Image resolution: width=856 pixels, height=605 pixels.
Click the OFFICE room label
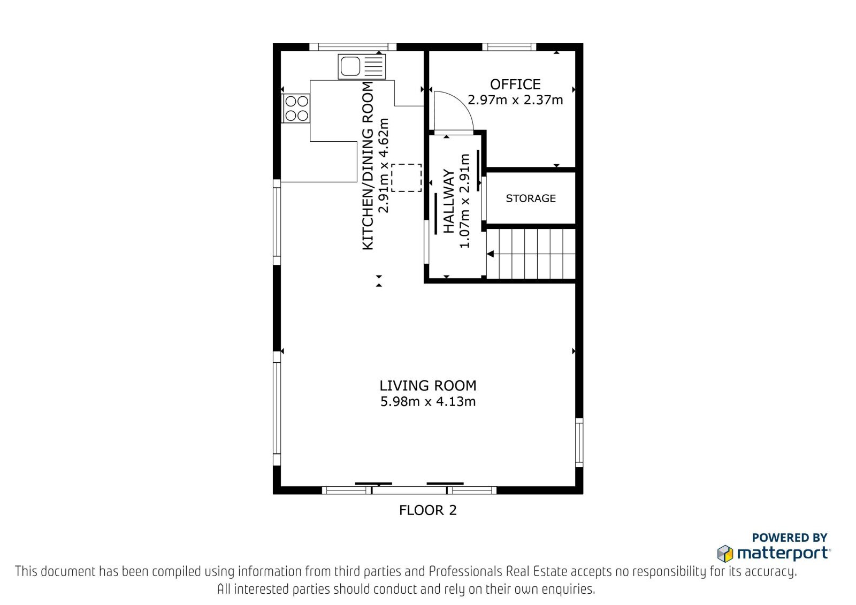[x=515, y=84]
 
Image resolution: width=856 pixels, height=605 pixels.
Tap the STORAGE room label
[x=530, y=198]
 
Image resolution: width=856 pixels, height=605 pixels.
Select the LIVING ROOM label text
[x=427, y=386]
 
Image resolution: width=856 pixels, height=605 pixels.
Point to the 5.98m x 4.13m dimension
[x=427, y=402]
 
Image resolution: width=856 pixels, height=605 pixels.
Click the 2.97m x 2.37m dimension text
[x=515, y=100]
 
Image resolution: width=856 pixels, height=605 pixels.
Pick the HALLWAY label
[x=449, y=201]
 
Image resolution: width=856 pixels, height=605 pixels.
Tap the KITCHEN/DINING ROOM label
[x=368, y=166]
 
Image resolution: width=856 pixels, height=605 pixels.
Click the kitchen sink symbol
[x=362, y=66]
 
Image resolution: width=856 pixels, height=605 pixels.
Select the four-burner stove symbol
[x=296, y=108]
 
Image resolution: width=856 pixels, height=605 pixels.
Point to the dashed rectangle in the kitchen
[x=406, y=178]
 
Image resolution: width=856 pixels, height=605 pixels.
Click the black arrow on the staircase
[x=490, y=254]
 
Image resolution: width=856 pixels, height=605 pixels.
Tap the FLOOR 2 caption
[x=427, y=510]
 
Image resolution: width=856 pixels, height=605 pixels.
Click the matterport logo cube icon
[x=725, y=554]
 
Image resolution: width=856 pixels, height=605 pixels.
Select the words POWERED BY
[x=790, y=538]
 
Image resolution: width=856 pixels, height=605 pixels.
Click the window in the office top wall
[x=509, y=47]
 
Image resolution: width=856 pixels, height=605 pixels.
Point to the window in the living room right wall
[x=579, y=442]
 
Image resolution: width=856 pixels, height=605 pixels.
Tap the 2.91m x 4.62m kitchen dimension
[x=383, y=165]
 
